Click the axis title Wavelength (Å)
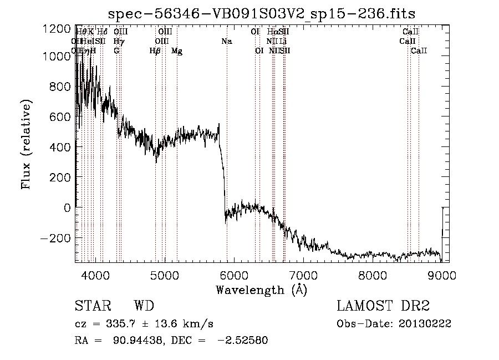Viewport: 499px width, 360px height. point(261,289)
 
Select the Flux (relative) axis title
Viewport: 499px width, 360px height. point(27,144)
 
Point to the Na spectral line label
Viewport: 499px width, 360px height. point(226,41)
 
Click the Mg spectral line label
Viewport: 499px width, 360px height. point(176,51)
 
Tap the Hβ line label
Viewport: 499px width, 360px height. point(155,51)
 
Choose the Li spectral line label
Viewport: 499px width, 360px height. point(283,41)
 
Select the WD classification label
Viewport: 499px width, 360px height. point(144,306)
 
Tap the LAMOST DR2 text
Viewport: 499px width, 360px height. point(383,306)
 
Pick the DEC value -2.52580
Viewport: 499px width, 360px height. point(242,341)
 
